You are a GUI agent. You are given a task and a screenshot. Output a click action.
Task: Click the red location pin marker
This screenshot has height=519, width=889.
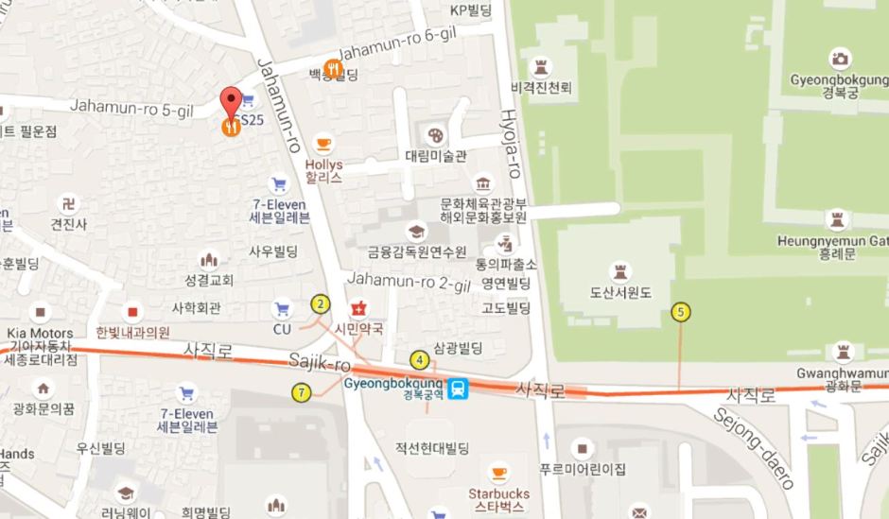pos(231,101)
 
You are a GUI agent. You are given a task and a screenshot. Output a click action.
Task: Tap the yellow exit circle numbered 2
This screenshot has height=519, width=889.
pos(322,303)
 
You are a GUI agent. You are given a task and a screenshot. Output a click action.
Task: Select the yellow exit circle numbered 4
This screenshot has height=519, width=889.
pos(419,359)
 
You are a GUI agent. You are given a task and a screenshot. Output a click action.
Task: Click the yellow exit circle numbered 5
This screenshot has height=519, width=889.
pos(679,311)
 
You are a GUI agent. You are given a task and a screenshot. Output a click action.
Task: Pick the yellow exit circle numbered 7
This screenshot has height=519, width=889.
pos(301,393)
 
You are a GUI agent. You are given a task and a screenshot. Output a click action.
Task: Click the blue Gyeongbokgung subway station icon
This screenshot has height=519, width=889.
pos(459,388)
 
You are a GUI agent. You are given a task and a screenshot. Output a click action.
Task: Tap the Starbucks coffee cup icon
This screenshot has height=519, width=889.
pos(498,473)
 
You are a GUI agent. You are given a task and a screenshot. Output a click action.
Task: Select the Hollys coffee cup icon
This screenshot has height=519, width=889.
pos(324,144)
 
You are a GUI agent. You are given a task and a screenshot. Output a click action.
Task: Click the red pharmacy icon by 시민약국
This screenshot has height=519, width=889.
pos(358,308)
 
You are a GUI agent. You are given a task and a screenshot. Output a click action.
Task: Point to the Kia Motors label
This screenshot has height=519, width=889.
pos(39,333)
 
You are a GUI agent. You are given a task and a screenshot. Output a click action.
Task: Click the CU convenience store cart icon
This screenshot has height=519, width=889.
pos(281,308)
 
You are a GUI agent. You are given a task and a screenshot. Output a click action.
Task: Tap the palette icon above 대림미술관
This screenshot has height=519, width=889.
pos(435,134)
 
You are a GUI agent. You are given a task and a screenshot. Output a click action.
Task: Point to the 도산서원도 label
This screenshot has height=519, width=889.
pos(620,292)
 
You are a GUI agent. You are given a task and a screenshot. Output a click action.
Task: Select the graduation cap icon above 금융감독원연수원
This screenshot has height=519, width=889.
pos(416,232)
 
